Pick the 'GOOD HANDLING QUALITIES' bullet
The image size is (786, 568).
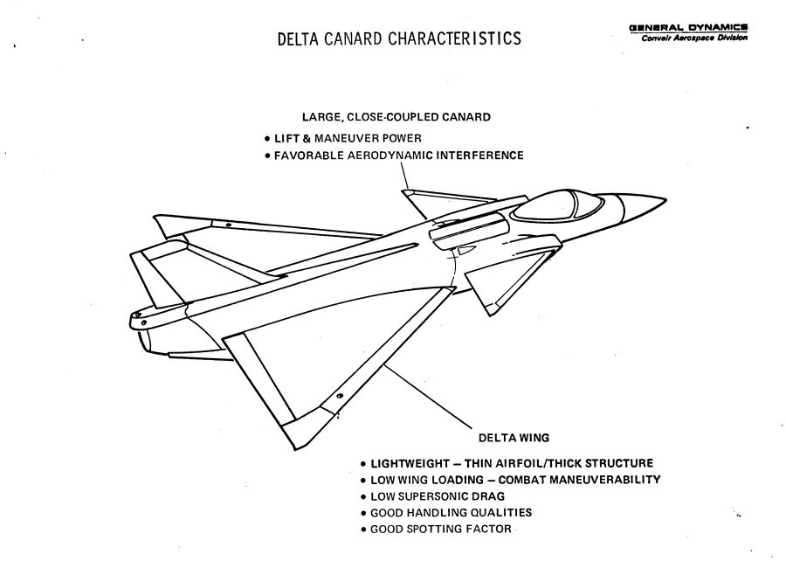pyautogui.click(x=451, y=513)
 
